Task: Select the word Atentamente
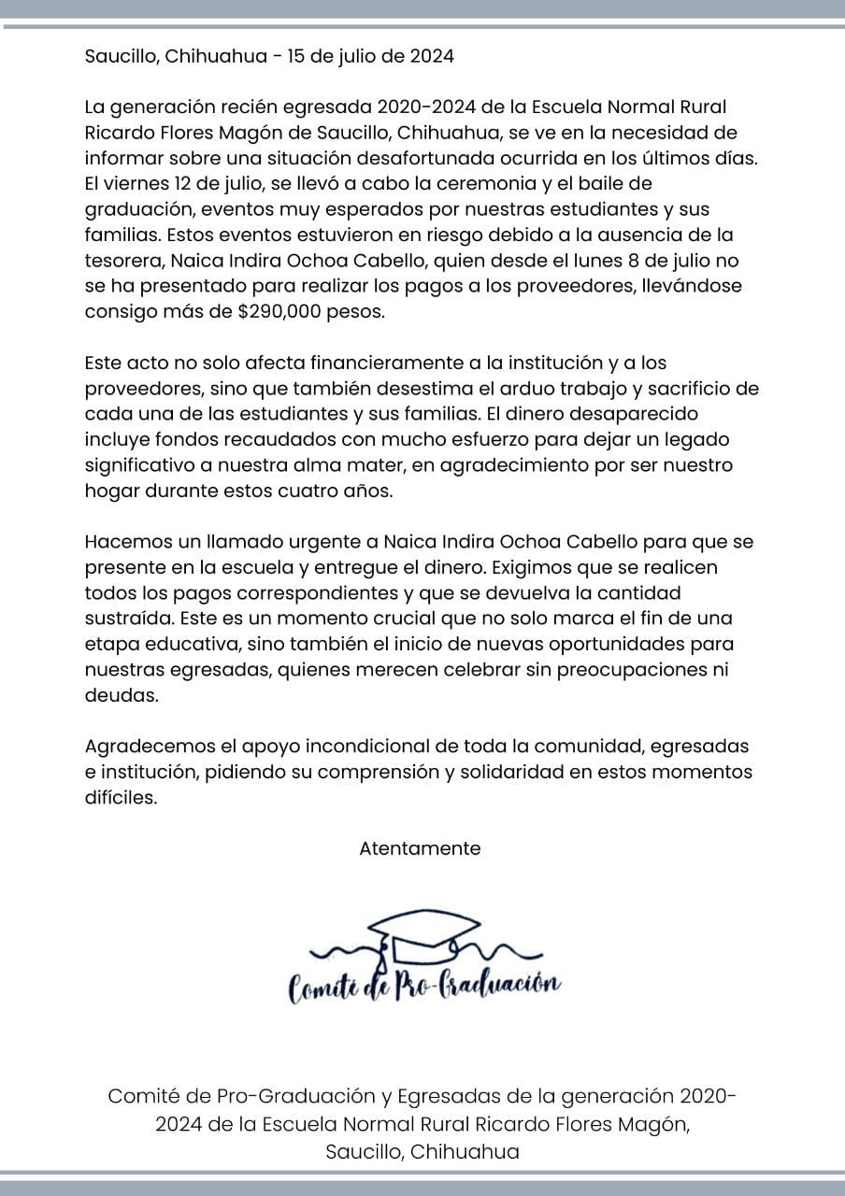pos(420,848)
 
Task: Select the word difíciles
pos(121,797)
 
